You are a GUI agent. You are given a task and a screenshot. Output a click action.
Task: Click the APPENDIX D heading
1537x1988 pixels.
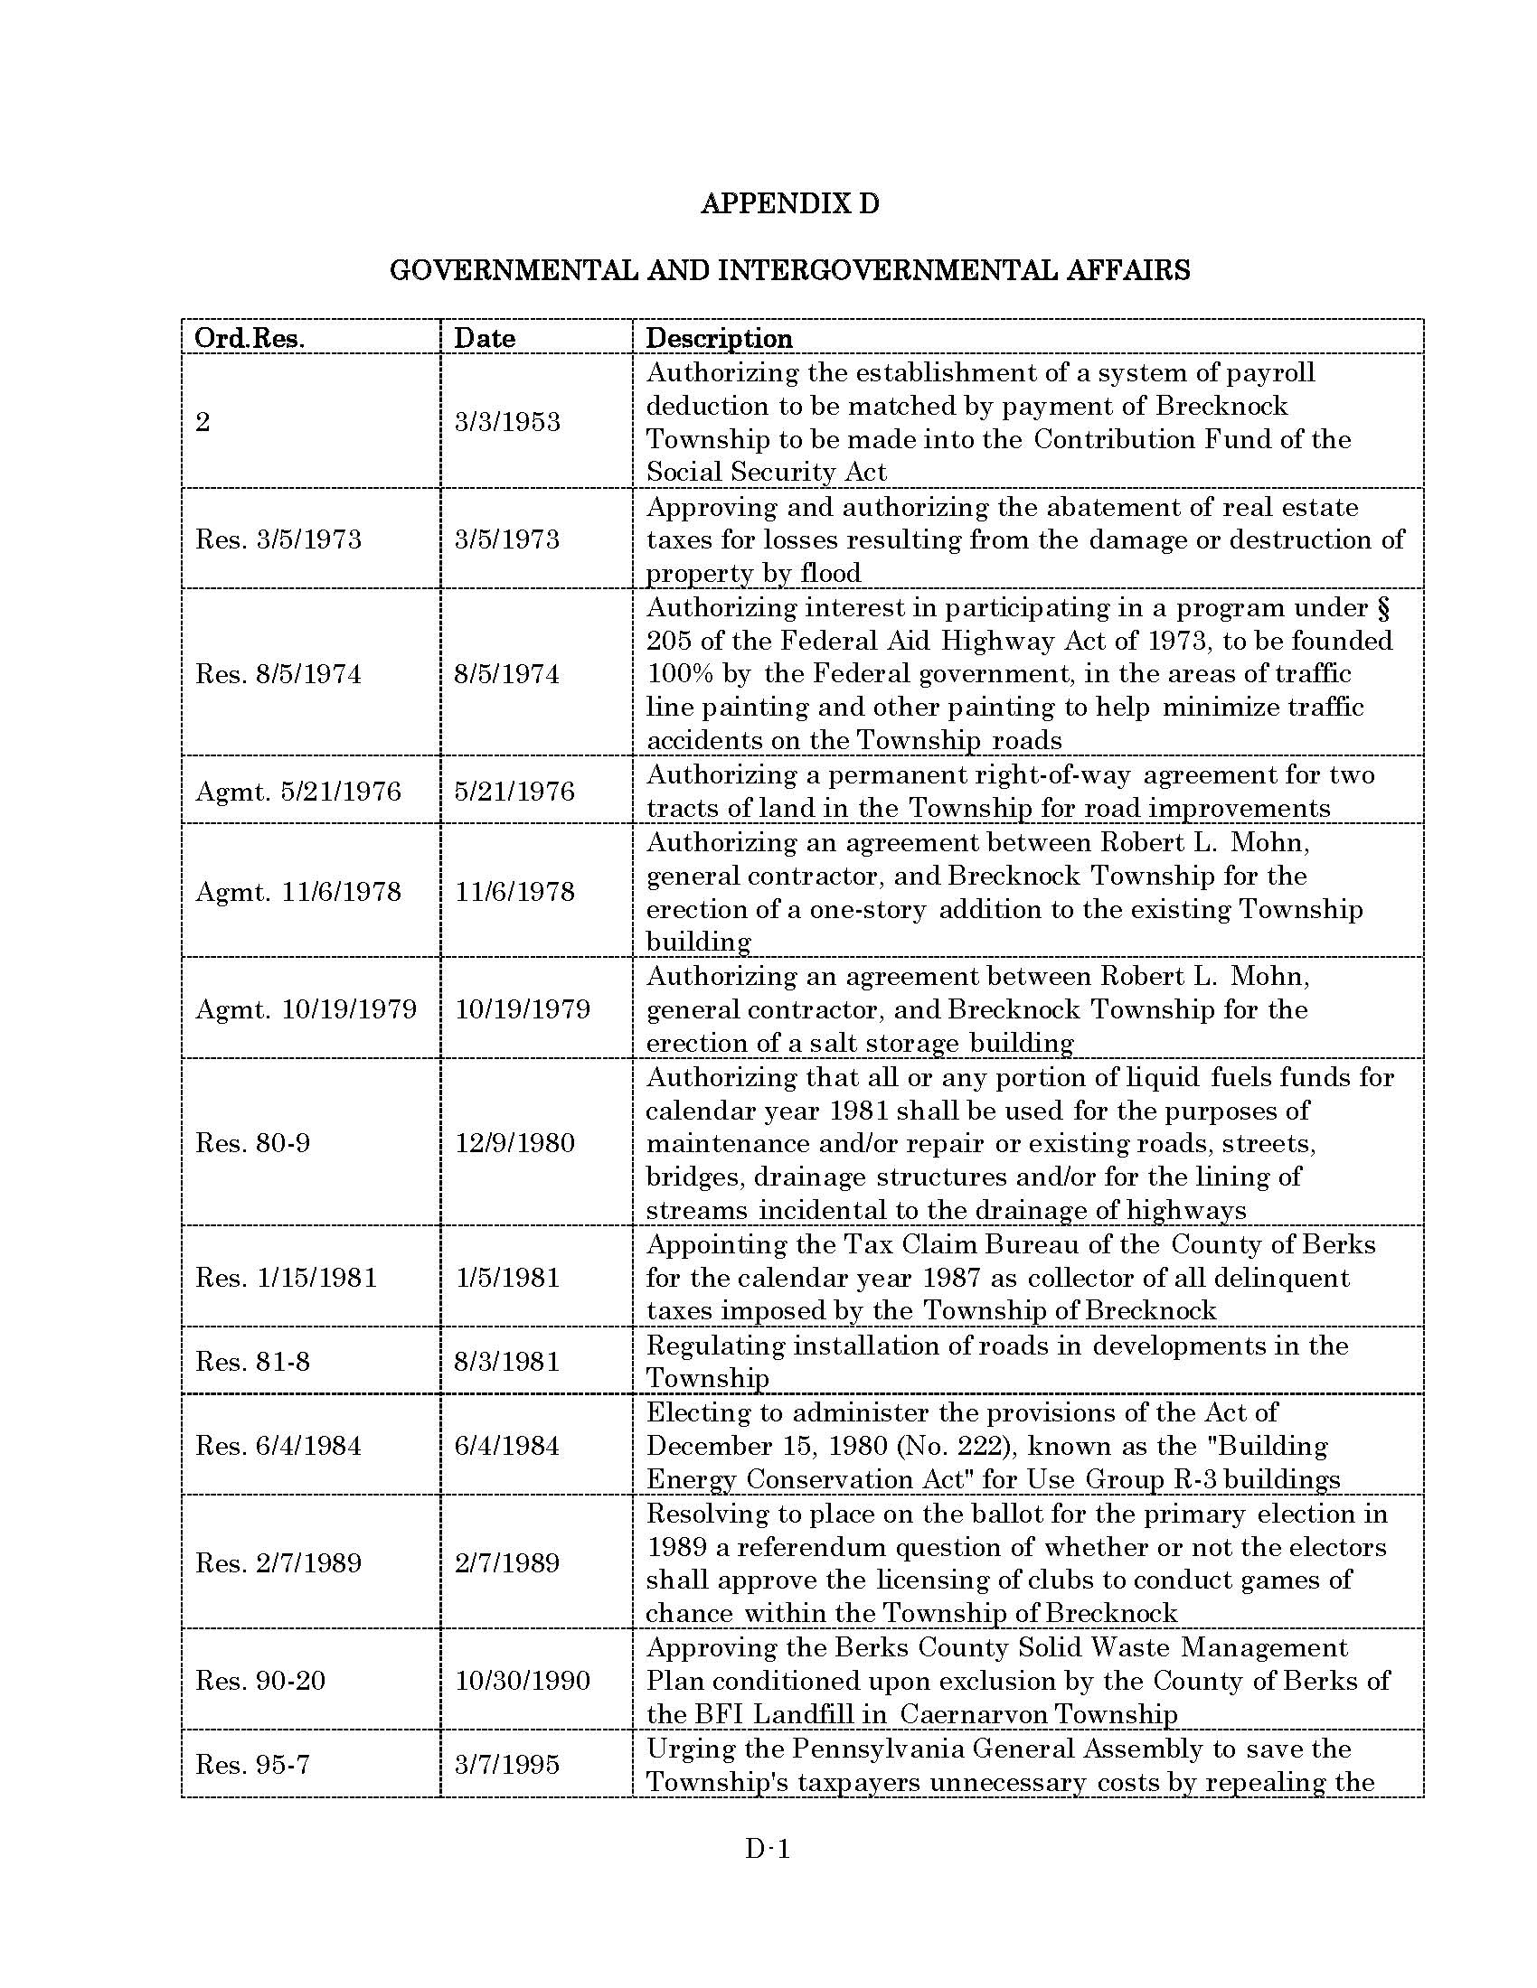(x=789, y=203)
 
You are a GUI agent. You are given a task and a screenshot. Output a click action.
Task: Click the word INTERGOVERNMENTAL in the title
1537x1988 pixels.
(x=887, y=270)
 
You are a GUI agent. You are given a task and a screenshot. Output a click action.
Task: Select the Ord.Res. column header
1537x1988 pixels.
(x=250, y=339)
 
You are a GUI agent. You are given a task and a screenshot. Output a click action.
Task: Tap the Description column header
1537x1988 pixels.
(x=719, y=339)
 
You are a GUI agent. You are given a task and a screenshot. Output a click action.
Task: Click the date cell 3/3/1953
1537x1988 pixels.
(x=507, y=422)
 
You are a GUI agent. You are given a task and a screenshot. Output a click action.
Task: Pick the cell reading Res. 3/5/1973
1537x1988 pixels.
(x=278, y=539)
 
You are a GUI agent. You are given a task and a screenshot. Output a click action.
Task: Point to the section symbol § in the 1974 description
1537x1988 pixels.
(x=1384, y=608)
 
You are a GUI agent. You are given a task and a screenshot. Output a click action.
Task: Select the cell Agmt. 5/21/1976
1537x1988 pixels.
(x=297, y=791)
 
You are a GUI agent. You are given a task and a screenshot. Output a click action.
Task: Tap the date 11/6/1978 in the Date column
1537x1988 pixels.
(x=514, y=891)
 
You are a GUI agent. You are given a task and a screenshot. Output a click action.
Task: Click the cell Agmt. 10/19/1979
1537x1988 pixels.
(x=306, y=1008)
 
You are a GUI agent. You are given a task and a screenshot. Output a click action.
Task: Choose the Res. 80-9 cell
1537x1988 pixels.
(x=252, y=1143)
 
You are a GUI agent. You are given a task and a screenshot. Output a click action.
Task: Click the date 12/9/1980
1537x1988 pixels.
(x=514, y=1143)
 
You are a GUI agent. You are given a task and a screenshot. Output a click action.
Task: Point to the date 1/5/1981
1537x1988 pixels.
(x=507, y=1278)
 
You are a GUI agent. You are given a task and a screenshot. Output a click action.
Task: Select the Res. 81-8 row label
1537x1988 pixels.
(x=252, y=1362)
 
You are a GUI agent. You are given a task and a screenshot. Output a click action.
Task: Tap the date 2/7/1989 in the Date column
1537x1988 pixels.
(x=507, y=1563)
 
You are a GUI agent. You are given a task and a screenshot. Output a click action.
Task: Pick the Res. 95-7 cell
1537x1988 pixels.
(x=252, y=1765)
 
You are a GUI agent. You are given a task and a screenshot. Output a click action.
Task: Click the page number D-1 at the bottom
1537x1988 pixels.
(x=767, y=1849)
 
